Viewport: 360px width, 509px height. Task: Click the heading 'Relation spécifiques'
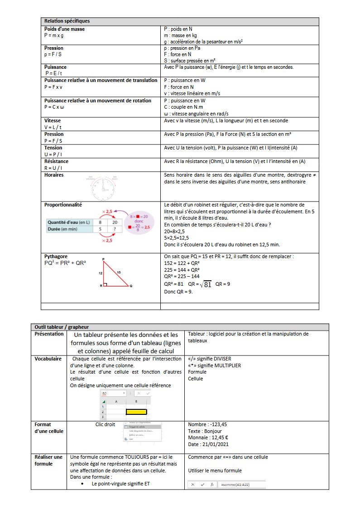tap(67, 21)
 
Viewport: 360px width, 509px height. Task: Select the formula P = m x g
tap(54, 35)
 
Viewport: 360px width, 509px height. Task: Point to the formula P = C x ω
tap(54, 107)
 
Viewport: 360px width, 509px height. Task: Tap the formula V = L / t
tap(53, 127)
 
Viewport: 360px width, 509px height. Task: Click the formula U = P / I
tap(53, 154)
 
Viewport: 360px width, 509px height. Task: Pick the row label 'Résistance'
tap(57, 161)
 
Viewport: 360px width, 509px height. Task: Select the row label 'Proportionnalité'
tap(63, 205)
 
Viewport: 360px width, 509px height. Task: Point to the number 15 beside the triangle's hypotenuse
tap(119, 272)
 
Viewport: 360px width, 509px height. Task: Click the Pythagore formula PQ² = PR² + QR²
tap(65, 263)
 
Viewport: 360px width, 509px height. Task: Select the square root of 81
tap(206, 284)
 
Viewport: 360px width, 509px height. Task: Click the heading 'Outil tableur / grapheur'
tap(62, 327)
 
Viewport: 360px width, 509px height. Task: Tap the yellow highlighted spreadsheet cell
tap(136, 412)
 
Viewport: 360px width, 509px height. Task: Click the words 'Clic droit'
tap(105, 424)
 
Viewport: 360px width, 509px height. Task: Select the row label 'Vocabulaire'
tap(48, 359)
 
